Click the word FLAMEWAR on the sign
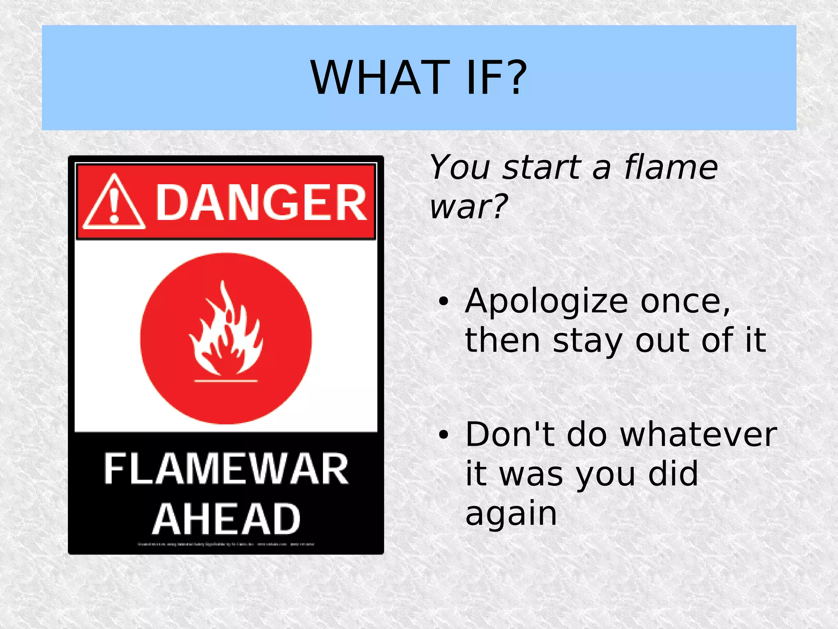226,469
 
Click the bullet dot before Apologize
443,302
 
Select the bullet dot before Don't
443,435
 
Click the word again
511,514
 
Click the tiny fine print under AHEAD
226,544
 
